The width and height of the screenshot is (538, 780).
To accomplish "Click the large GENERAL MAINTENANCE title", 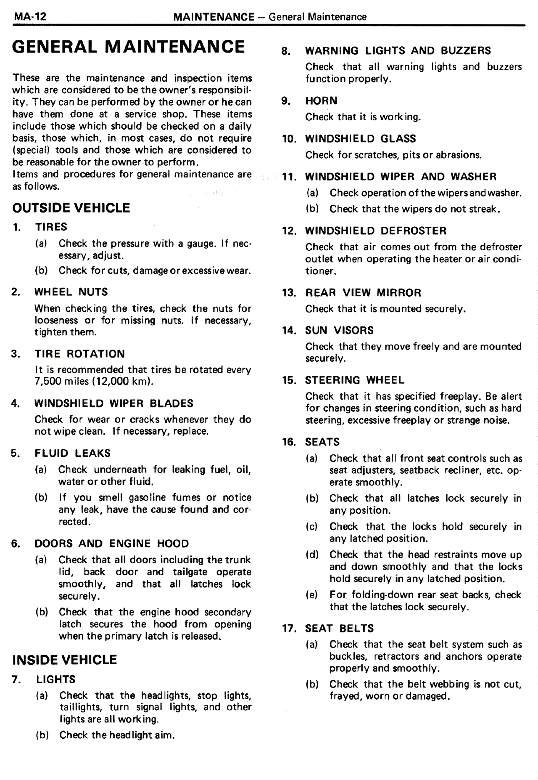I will (128, 47).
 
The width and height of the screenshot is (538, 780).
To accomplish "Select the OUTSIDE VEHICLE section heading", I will (71, 208).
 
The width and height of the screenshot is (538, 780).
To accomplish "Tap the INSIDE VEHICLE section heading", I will (64, 659).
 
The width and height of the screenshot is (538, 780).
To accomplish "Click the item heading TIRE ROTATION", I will (79, 354).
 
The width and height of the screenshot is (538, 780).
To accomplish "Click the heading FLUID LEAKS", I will (72, 453).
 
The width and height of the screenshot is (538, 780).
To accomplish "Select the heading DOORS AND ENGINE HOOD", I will (111, 544).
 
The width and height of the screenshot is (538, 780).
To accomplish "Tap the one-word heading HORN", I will (321, 101).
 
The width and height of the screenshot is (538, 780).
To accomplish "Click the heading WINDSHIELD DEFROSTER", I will (376, 231).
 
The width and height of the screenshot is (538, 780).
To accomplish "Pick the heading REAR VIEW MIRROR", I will (363, 293).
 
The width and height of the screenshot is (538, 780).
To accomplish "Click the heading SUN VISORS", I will (339, 331).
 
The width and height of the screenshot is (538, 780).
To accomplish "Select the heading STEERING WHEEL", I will (355, 380).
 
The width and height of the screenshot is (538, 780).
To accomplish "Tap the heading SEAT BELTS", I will (339, 629).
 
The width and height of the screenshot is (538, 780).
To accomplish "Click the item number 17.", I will (288, 629).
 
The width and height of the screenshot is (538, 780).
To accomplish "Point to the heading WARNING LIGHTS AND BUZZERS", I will (398, 51).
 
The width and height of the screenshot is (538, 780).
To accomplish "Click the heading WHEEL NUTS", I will (71, 292).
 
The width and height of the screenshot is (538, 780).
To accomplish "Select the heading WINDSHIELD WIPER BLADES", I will (113, 403).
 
